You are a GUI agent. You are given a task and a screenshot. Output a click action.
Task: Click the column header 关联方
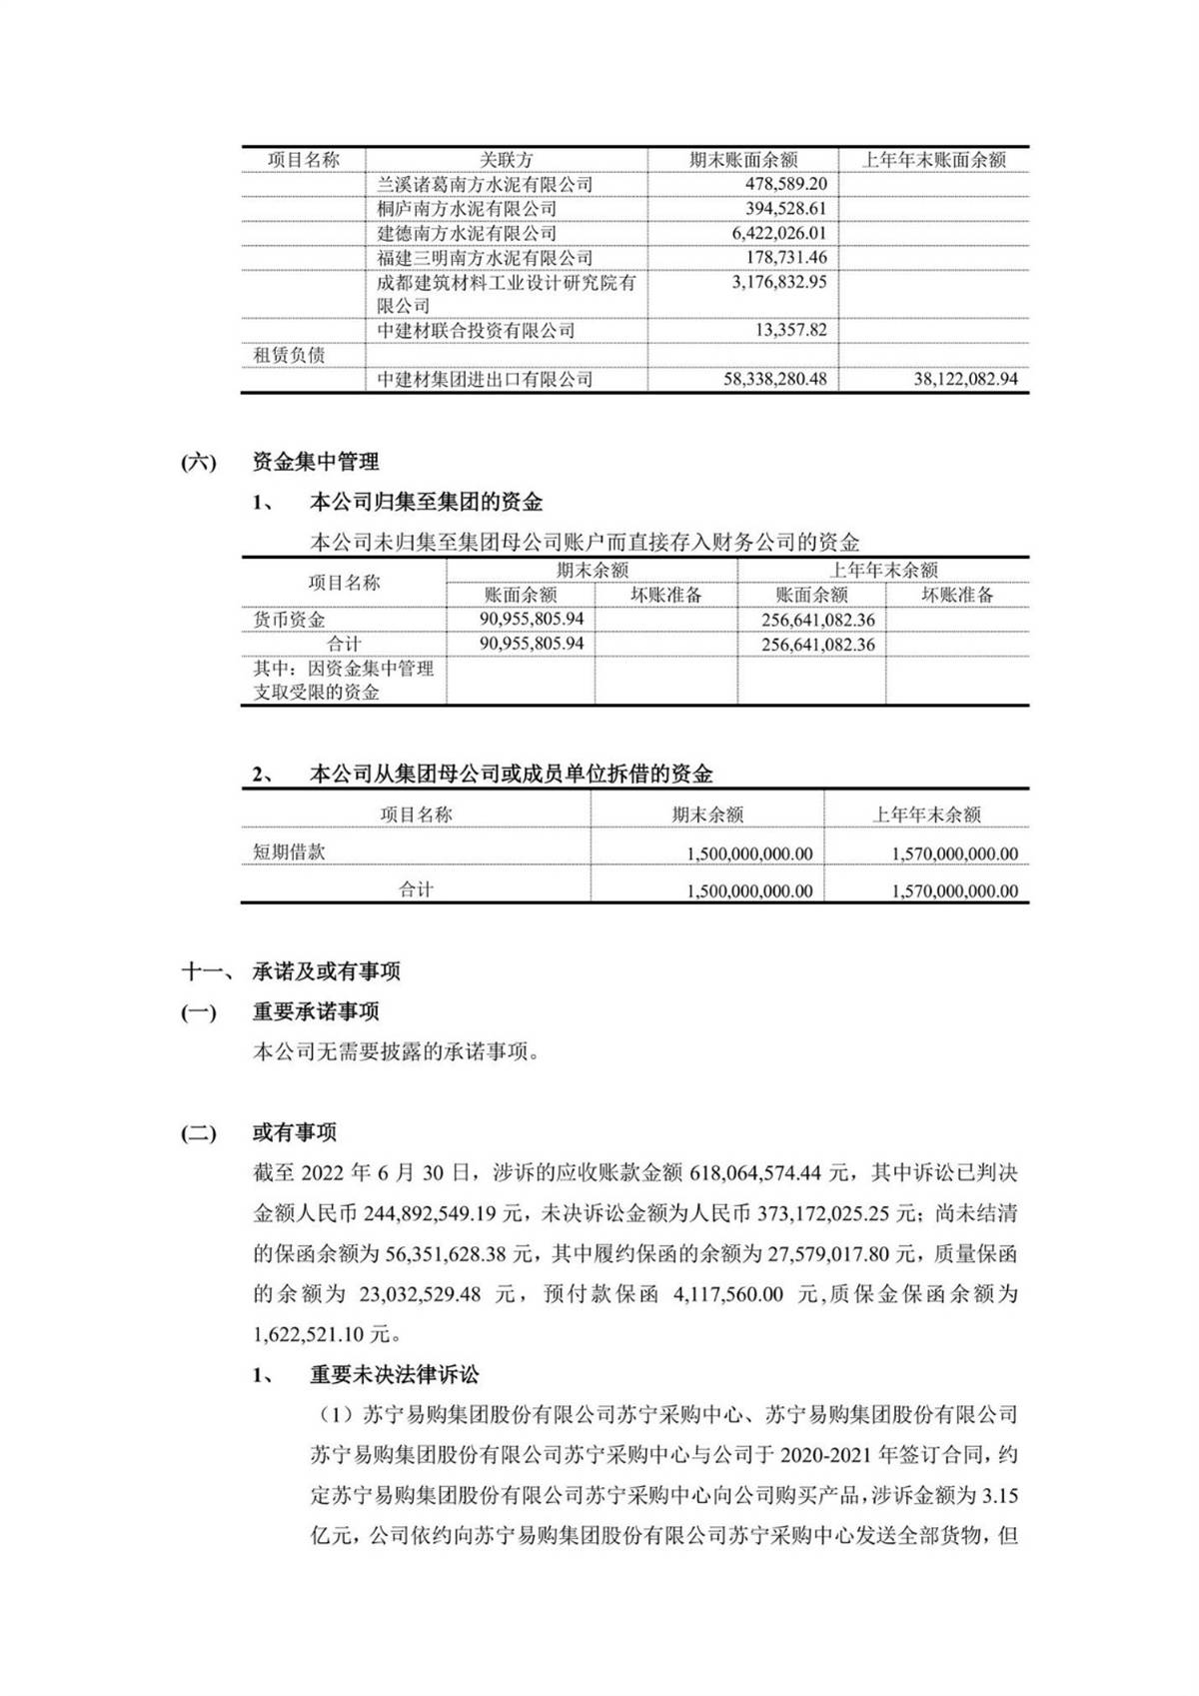(x=506, y=160)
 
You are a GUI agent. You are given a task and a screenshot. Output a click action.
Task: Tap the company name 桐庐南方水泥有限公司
(x=467, y=209)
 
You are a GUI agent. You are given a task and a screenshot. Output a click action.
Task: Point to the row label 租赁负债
(x=289, y=355)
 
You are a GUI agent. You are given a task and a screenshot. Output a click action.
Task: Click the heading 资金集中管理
(x=316, y=462)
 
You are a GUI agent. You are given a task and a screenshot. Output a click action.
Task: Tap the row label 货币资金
(x=289, y=620)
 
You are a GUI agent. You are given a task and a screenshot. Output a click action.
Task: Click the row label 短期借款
(x=289, y=852)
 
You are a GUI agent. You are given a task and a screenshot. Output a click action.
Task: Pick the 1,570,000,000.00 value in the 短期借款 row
(x=954, y=854)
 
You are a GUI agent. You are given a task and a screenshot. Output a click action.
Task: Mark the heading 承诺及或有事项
(x=326, y=971)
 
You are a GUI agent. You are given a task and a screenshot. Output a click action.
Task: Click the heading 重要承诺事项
(x=316, y=1012)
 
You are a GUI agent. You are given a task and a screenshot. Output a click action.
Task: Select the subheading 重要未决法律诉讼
(x=394, y=1375)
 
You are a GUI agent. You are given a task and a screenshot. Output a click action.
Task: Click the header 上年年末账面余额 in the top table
(x=933, y=160)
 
